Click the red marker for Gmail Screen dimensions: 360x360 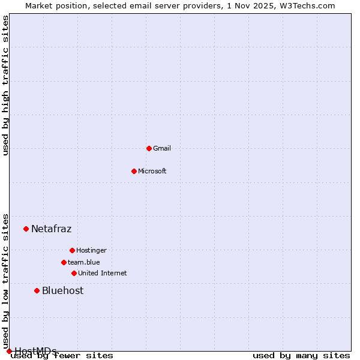pyautogui.click(x=149, y=148)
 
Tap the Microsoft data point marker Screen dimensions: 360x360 pyautogui.click(x=134, y=171)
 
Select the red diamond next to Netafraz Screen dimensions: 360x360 pyautogui.click(x=26, y=229)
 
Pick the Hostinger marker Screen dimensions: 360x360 pyautogui.click(x=72, y=250)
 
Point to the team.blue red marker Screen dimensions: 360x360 pyautogui.click(x=64, y=262)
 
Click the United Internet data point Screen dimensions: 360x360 pyautogui.click(x=74, y=273)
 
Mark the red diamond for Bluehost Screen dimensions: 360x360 pyautogui.click(x=37, y=290)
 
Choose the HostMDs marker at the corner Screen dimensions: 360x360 pyautogui.click(x=9, y=351)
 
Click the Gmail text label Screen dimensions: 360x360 pyautogui.click(x=162, y=148)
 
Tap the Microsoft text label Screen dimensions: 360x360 pyautogui.click(x=152, y=171)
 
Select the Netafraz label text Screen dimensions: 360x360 pyautogui.click(x=51, y=229)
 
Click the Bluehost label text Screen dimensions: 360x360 pyautogui.click(x=62, y=290)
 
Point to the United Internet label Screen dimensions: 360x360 pyautogui.click(x=103, y=273)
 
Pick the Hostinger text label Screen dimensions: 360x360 pyautogui.click(x=91, y=250)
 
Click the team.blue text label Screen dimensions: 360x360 pyautogui.click(x=84, y=262)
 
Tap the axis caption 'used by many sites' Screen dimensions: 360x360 pyautogui.click(x=301, y=355)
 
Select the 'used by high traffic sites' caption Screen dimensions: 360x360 pyautogui.click(x=5, y=85)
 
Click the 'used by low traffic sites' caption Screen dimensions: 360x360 pyautogui.click(x=5, y=281)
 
